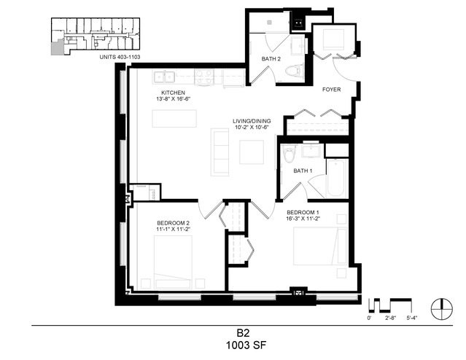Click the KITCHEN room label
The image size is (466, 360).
(x=174, y=93)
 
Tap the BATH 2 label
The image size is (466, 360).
(x=271, y=59)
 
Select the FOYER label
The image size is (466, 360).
(x=332, y=90)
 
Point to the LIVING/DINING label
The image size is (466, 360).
(x=252, y=121)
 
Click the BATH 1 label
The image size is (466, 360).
(x=303, y=171)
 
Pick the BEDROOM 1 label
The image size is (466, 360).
(x=303, y=212)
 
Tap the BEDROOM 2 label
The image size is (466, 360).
(x=174, y=223)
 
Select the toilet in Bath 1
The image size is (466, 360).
(x=289, y=153)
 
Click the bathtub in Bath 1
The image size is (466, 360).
(x=337, y=179)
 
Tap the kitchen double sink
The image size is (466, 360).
(x=164, y=77)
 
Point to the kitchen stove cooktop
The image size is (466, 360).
(x=204, y=77)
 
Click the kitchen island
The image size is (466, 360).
(x=174, y=119)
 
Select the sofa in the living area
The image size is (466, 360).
(x=220, y=152)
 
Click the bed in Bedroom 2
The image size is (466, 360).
(x=173, y=262)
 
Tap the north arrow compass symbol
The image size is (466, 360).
(x=442, y=309)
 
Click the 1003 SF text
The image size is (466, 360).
(x=246, y=345)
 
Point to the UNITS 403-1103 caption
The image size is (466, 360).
(x=120, y=57)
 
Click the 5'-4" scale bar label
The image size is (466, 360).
(x=412, y=318)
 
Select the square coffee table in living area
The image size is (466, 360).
(x=252, y=152)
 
